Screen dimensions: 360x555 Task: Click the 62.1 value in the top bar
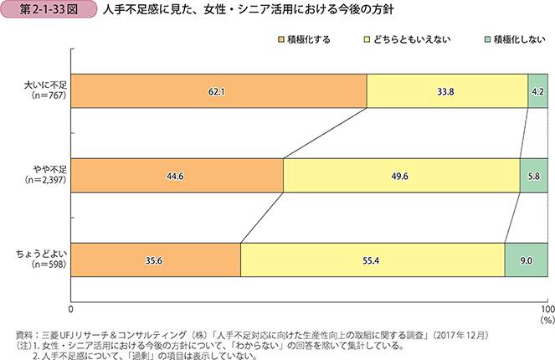218,91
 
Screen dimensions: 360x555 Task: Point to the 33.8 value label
446,91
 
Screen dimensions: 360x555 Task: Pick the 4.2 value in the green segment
538,91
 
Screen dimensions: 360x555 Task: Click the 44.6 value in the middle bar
177,176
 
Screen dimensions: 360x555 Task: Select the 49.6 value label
401,176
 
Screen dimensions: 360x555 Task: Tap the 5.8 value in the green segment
534,176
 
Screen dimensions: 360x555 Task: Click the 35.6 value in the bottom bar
155,260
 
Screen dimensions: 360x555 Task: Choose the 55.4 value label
372,260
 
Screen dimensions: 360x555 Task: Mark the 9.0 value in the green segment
527,260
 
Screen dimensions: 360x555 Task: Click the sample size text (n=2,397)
45,181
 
